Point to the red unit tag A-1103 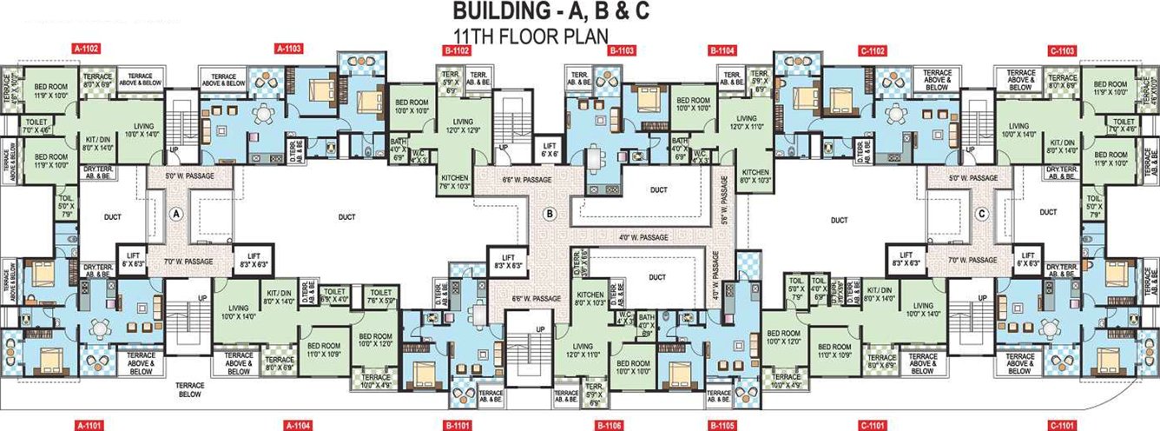(x=288, y=50)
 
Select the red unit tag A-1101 (x=89, y=425)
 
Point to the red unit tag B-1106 (x=609, y=425)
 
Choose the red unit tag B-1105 (x=722, y=425)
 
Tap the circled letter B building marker (x=548, y=213)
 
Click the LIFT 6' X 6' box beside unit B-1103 (x=548, y=148)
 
